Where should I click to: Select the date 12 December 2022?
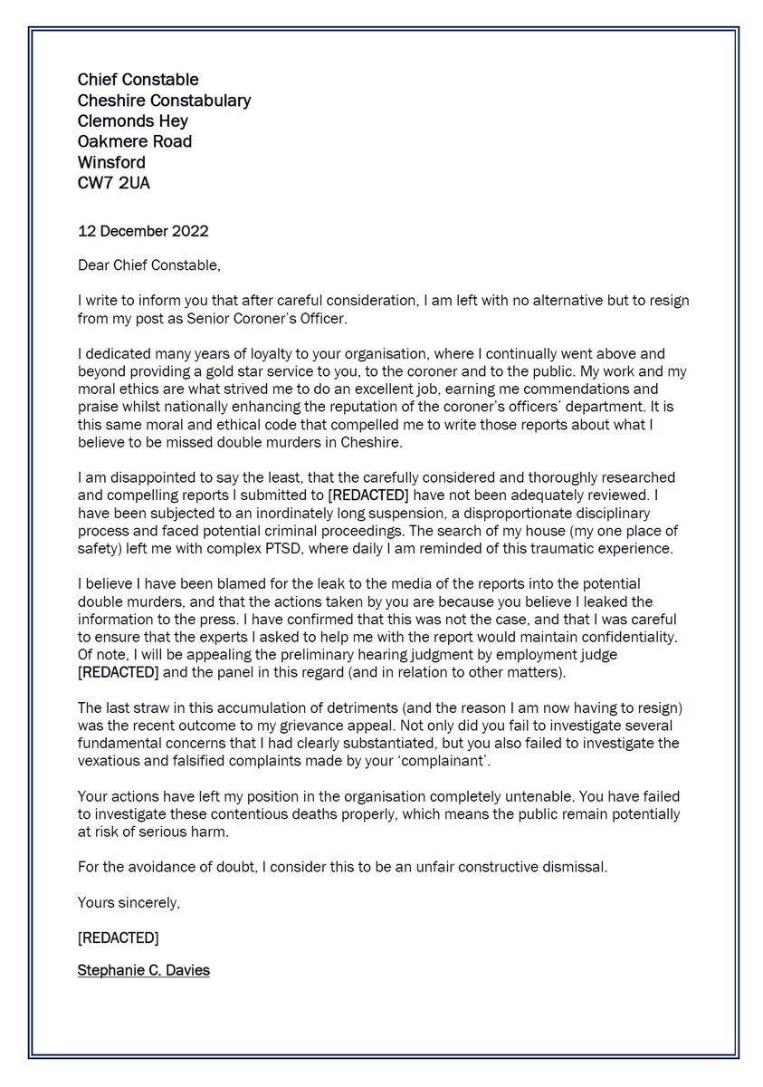pyautogui.click(x=143, y=231)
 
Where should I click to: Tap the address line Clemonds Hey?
pyautogui.click(x=132, y=121)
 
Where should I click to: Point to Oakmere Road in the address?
pyautogui.click(x=135, y=142)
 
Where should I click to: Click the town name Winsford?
pyautogui.click(x=111, y=163)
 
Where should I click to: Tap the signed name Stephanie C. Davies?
pyautogui.click(x=143, y=970)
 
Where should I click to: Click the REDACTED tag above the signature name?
pyautogui.click(x=118, y=935)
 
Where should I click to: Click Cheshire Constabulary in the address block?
pyautogui.click(x=164, y=101)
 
